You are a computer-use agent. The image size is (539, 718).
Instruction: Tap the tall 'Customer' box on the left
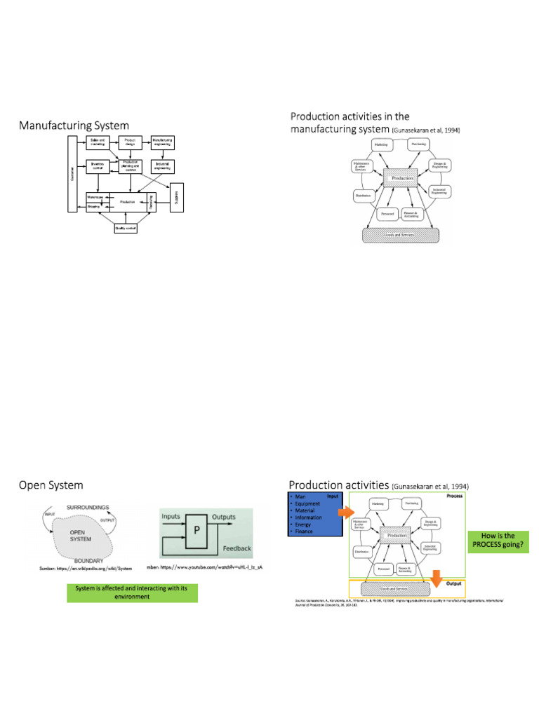(72, 173)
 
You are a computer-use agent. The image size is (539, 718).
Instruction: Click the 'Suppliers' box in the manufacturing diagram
(178, 194)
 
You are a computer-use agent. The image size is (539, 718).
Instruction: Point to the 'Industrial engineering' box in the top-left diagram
(162, 167)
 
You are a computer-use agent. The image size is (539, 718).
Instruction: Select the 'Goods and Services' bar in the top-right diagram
(398, 234)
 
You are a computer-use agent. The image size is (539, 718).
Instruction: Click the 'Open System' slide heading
(51, 485)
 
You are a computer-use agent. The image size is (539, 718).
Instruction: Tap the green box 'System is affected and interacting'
(132, 592)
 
